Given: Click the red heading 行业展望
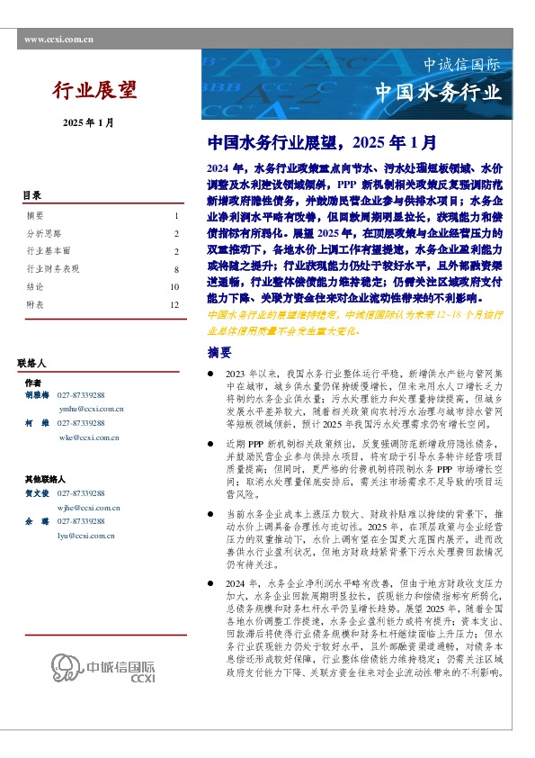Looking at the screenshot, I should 94,89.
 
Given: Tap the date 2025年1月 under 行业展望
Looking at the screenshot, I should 88,122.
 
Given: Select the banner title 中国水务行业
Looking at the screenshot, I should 438,93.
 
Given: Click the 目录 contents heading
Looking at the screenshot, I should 32,195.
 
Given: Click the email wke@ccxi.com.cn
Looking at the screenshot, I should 89,437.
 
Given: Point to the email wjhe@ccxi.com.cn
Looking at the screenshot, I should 90,508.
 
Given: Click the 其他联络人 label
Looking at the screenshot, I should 45,480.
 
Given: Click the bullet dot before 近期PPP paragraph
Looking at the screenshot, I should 210,444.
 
